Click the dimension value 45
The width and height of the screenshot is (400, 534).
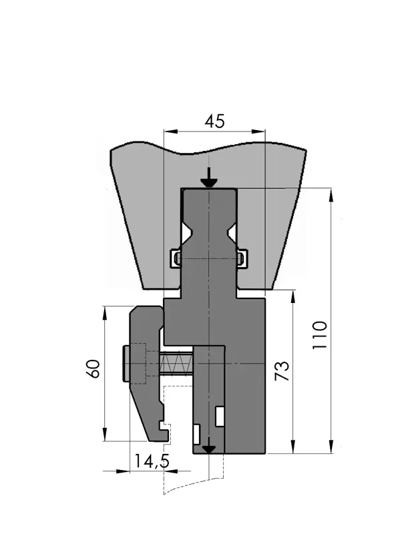click(x=214, y=121)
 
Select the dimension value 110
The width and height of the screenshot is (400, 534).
click(x=320, y=334)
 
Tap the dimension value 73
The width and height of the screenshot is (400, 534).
click(x=282, y=370)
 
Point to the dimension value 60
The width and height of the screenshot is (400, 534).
click(x=93, y=368)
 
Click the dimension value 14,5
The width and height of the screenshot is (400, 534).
click(x=152, y=461)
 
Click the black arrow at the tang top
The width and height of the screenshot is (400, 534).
click(x=209, y=178)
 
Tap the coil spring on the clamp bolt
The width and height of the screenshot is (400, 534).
click(x=176, y=364)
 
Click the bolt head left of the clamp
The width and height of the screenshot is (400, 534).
click(x=126, y=363)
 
